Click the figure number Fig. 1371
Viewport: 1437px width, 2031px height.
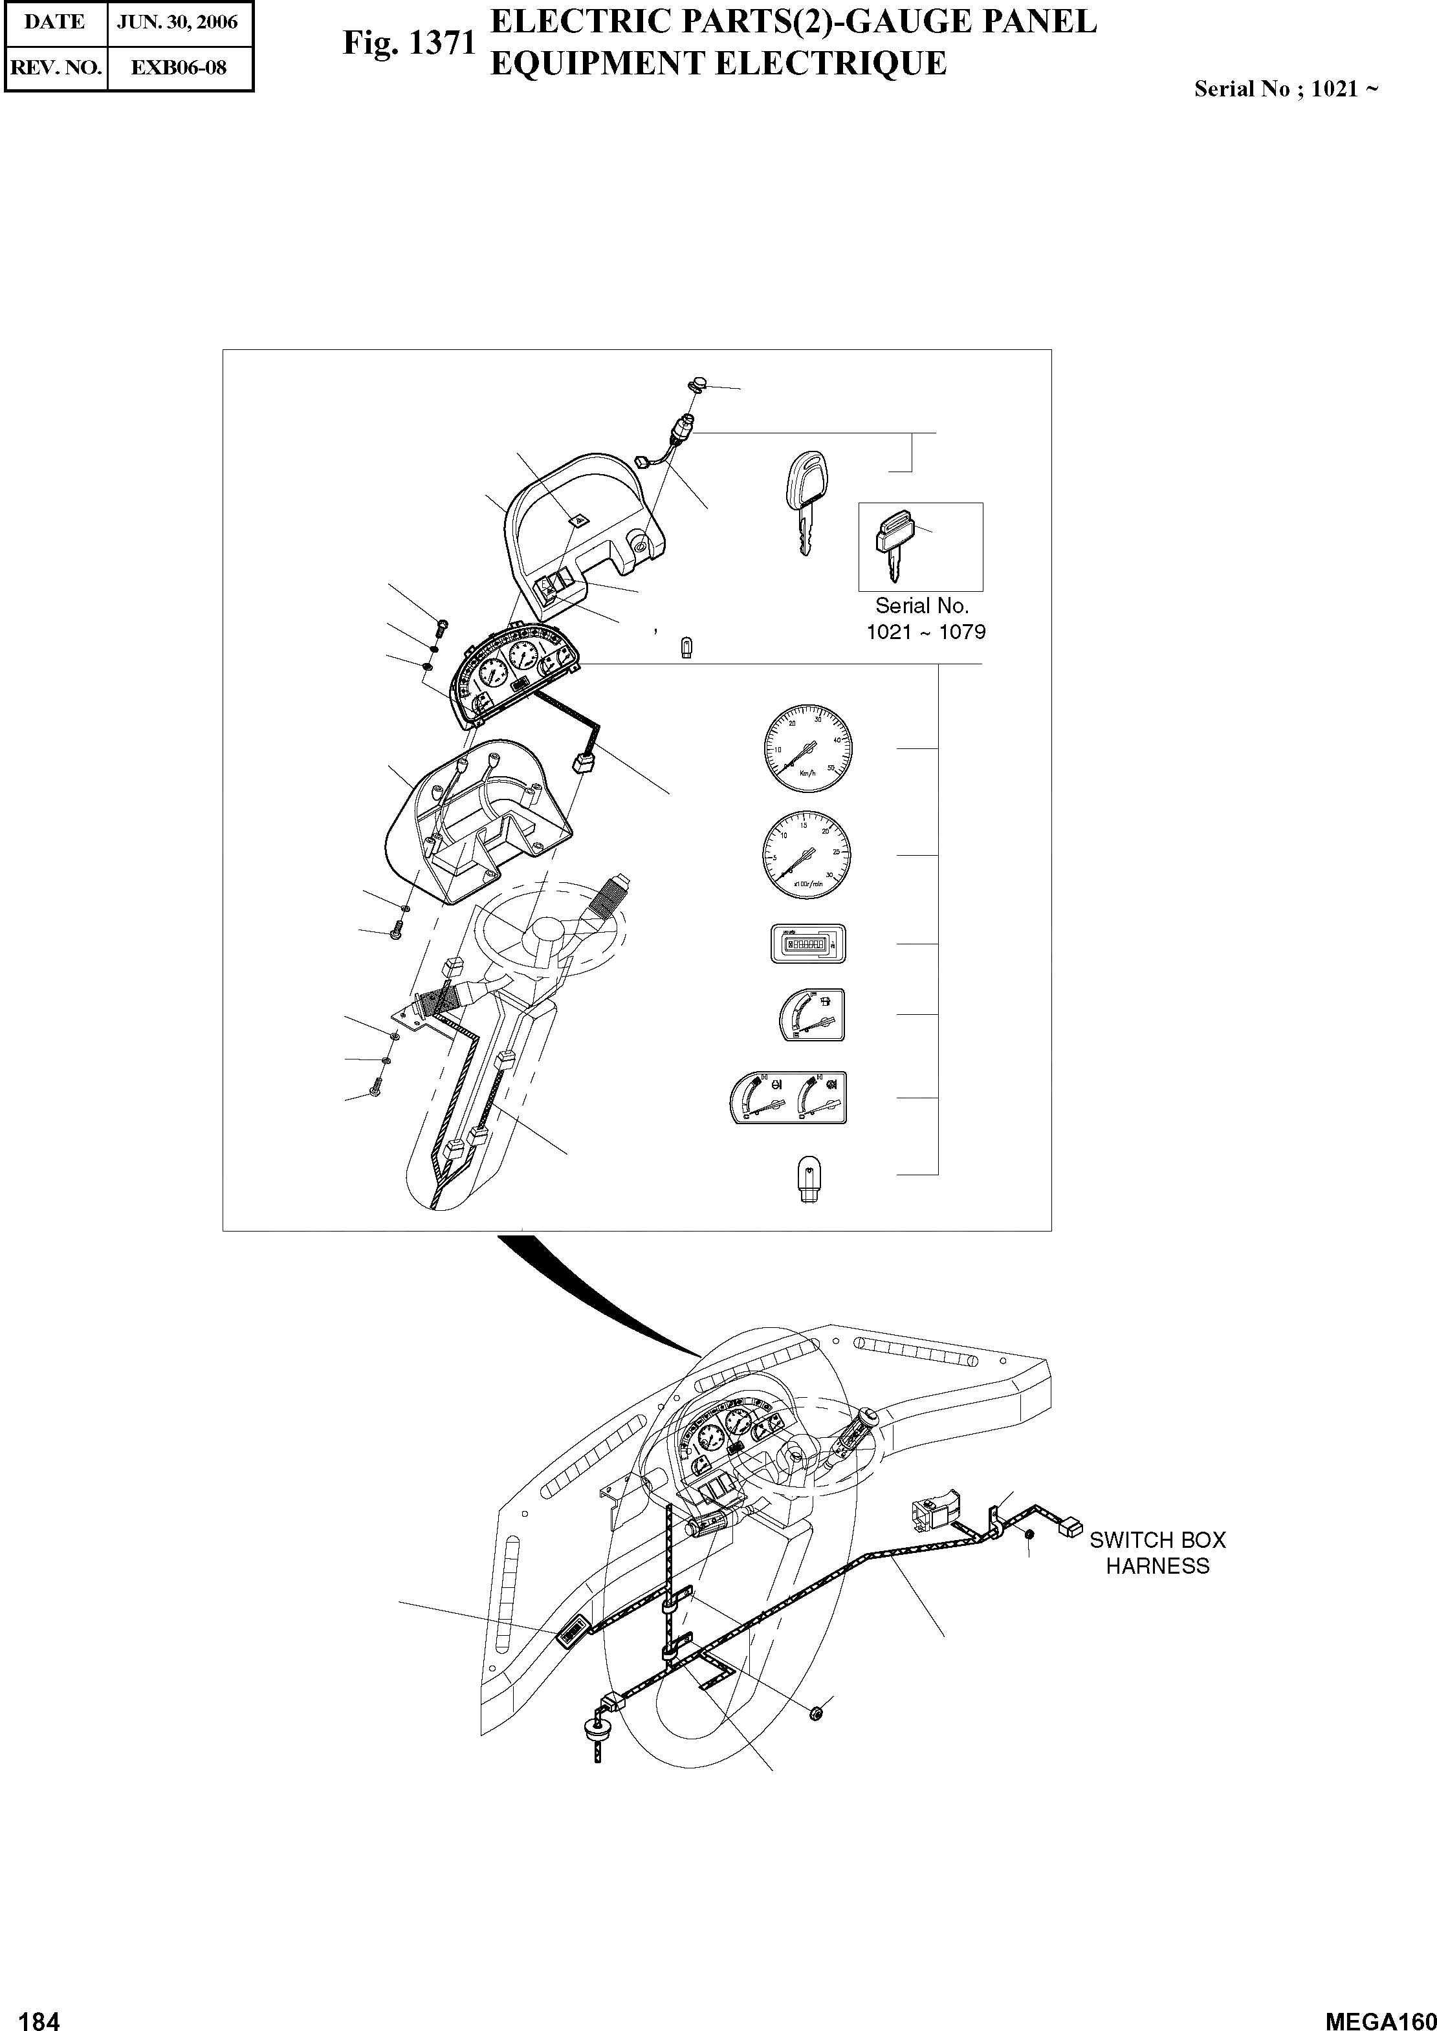point(410,43)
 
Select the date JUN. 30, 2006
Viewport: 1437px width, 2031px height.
point(178,22)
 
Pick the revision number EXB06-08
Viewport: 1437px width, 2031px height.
point(179,67)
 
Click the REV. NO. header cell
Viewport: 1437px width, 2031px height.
point(55,67)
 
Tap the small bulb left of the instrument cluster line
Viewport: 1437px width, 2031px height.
point(686,647)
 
